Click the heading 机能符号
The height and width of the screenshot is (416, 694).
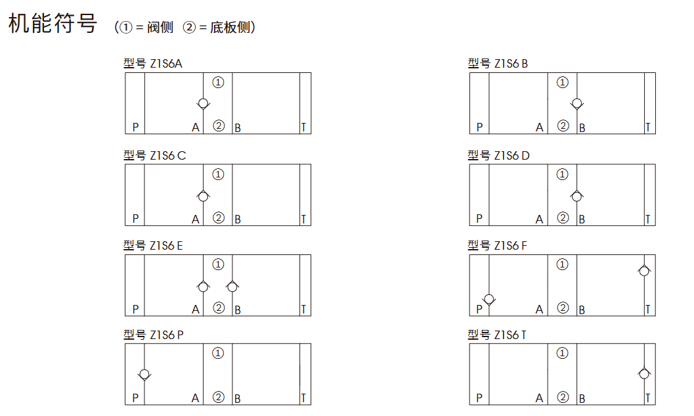[53, 23]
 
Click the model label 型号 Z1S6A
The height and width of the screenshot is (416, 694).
[153, 64]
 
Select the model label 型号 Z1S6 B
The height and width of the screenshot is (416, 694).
[498, 64]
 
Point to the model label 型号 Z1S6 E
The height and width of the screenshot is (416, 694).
[153, 245]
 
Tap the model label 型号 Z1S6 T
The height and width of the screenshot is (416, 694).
[497, 335]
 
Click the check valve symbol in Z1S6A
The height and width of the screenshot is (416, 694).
[203, 104]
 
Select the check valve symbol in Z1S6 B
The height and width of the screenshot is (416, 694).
[576, 104]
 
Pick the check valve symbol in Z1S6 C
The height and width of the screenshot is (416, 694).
[203, 196]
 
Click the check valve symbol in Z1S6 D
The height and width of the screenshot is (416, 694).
[576, 196]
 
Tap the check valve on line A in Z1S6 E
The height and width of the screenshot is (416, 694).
[203, 287]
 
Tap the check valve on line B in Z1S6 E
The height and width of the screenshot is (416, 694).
[232, 287]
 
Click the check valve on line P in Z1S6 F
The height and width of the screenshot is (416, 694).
[489, 300]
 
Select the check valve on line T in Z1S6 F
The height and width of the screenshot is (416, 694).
[644, 270]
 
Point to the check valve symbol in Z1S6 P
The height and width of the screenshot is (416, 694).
[144, 375]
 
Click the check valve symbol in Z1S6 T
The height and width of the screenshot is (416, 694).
[644, 373]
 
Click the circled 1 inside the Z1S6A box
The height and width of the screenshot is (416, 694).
[218, 82]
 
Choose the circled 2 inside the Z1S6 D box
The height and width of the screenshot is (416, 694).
[563, 218]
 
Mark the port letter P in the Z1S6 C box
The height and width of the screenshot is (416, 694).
[135, 219]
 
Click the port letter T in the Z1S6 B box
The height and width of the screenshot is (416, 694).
[647, 127]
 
